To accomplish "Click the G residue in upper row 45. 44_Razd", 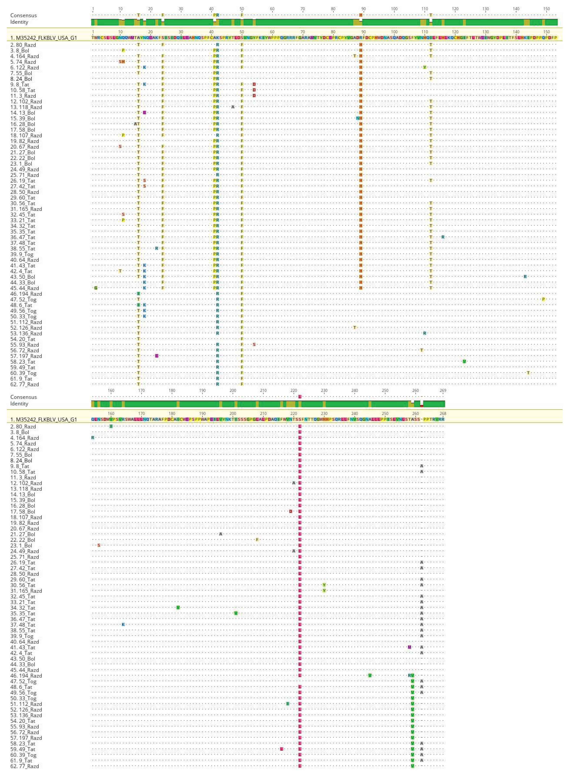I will click(x=96, y=288).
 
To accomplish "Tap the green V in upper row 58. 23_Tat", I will click(x=464, y=361).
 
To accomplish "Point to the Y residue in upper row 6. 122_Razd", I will click(x=425, y=67).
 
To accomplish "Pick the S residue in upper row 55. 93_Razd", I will click(x=254, y=344).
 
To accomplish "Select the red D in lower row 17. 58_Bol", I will click(x=291, y=511).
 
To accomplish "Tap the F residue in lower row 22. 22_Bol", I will click(x=257, y=540).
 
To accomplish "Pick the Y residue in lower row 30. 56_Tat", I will click(x=324, y=585).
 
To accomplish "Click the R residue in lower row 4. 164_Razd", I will click(x=92, y=437).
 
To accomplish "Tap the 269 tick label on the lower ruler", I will click(x=443, y=391).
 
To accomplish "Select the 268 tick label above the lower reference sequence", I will click(x=443, y=413).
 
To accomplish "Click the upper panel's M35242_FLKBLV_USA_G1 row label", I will click(x=44, y=38).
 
